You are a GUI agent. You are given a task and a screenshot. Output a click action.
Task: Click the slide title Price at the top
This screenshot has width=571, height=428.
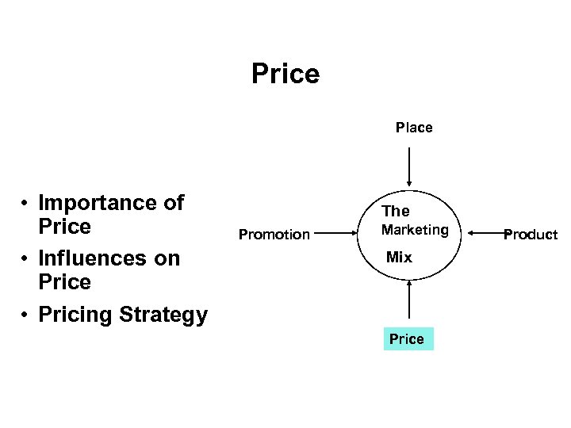click(x=285, y=74)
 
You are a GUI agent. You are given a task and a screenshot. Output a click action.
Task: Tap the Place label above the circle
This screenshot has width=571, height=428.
click(x=414, y=128)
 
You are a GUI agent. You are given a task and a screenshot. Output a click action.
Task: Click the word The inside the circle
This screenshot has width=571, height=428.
click(x=396, y=211)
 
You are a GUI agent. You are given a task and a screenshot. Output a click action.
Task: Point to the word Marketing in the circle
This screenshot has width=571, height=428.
click(x=415, y=230)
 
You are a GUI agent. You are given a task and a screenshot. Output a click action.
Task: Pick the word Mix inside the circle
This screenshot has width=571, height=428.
click(x=399, y=258)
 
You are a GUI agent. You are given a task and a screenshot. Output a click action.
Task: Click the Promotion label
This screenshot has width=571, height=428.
click(x=274, y=235)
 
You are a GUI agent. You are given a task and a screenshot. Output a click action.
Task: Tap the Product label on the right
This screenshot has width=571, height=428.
click(x=531, y=235)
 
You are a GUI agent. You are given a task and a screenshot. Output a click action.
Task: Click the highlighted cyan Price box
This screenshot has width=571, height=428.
click(x=408, y=338)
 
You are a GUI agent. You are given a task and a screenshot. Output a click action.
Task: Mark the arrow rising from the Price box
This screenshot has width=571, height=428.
click(x=409, y=303)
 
